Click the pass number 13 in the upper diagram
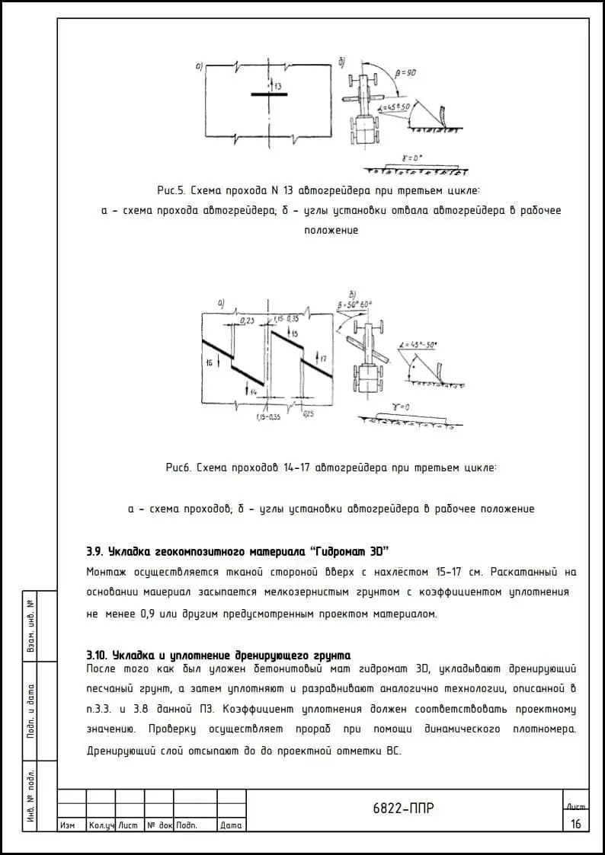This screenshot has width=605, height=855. click(278, 87)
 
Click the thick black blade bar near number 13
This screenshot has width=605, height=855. click(269, 95)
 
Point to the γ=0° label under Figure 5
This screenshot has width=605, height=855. click(411, 158)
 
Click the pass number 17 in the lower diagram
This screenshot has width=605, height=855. click(322, 358)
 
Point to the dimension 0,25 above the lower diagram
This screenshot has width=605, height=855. click(248, 321)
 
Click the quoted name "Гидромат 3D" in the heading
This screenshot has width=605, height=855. click(352, 550)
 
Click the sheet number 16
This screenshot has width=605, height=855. click(575, 823)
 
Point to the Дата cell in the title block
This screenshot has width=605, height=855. click(231, 825)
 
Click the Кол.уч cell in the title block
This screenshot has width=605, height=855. click(101, 825)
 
